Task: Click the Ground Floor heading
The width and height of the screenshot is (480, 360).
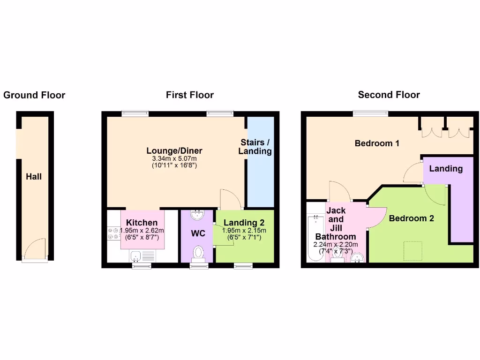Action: coord(34,96)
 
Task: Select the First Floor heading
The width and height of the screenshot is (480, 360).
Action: coord(189,95)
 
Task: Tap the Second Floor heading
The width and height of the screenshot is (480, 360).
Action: coord(389,95)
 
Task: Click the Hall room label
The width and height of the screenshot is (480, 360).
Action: coord(34,177)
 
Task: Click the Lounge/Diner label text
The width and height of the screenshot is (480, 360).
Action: coord(174,150)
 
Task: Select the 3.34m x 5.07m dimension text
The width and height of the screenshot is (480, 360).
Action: coord(174,158)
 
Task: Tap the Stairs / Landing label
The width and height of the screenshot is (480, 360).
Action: coord(255,147)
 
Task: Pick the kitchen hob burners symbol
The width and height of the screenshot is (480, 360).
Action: coord(113,233)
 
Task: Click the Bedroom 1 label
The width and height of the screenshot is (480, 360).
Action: coord(377,143)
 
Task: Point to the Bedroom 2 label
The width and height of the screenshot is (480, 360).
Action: coord(411,218)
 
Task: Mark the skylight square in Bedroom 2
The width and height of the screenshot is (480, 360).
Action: coord(412,248)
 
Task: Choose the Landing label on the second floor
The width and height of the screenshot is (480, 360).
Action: coord(446,169)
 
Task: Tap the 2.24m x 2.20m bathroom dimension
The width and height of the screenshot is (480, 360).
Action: coord(336,245)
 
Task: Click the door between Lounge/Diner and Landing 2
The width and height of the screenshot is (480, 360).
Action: coord(230,199)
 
